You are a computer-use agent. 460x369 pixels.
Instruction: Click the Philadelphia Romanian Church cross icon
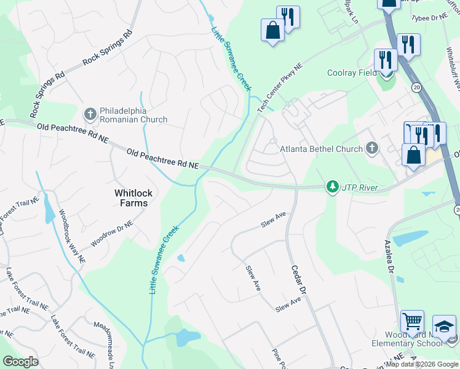click(90, 114)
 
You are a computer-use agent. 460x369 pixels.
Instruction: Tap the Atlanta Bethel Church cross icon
click(371, 148)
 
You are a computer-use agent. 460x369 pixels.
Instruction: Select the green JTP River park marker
click(333, 186)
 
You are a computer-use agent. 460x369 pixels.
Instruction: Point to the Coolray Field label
click(352, 73)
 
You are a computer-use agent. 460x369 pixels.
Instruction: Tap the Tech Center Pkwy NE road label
click(280, 87)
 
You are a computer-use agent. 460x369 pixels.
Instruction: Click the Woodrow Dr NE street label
click(111, 234)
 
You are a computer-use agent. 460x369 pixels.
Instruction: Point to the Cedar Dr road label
click(299, 274)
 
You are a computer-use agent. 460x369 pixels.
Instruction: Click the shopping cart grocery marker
click(412, 321)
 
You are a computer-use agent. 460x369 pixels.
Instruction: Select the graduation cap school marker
click(444, 326)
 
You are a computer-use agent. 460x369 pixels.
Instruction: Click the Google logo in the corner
click(21, 362)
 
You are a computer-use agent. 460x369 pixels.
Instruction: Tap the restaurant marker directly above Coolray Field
click(386, 60)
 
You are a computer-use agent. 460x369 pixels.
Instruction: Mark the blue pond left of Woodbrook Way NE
click(48, 213)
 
